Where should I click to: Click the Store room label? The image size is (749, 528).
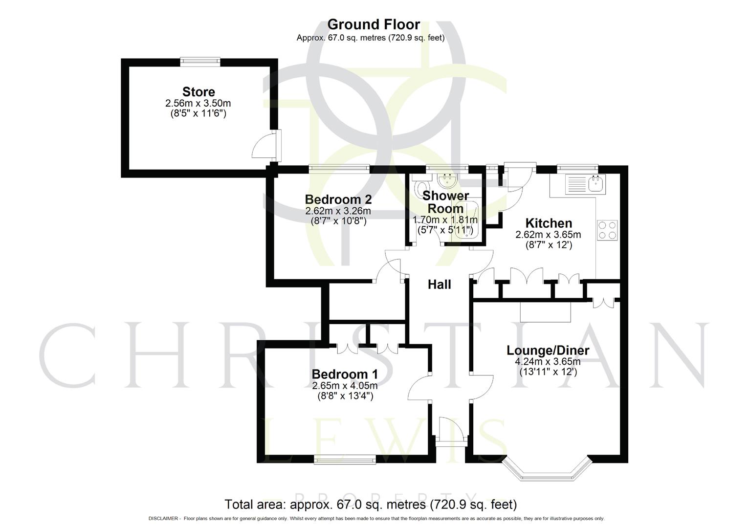198,92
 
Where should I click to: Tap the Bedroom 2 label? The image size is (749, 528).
338,199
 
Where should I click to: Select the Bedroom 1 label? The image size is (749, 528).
345,374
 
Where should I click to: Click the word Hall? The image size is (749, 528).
439,285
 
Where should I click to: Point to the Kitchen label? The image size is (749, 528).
548,223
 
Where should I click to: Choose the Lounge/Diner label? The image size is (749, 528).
548,351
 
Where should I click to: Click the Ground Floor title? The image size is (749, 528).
374,24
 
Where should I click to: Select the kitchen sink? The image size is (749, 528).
585,184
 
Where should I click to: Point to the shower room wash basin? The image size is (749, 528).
446,182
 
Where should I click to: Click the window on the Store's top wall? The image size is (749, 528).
199,61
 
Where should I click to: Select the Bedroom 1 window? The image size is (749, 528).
345,459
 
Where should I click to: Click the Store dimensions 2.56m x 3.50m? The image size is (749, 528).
198,104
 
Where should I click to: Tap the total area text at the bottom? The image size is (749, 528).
370,504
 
